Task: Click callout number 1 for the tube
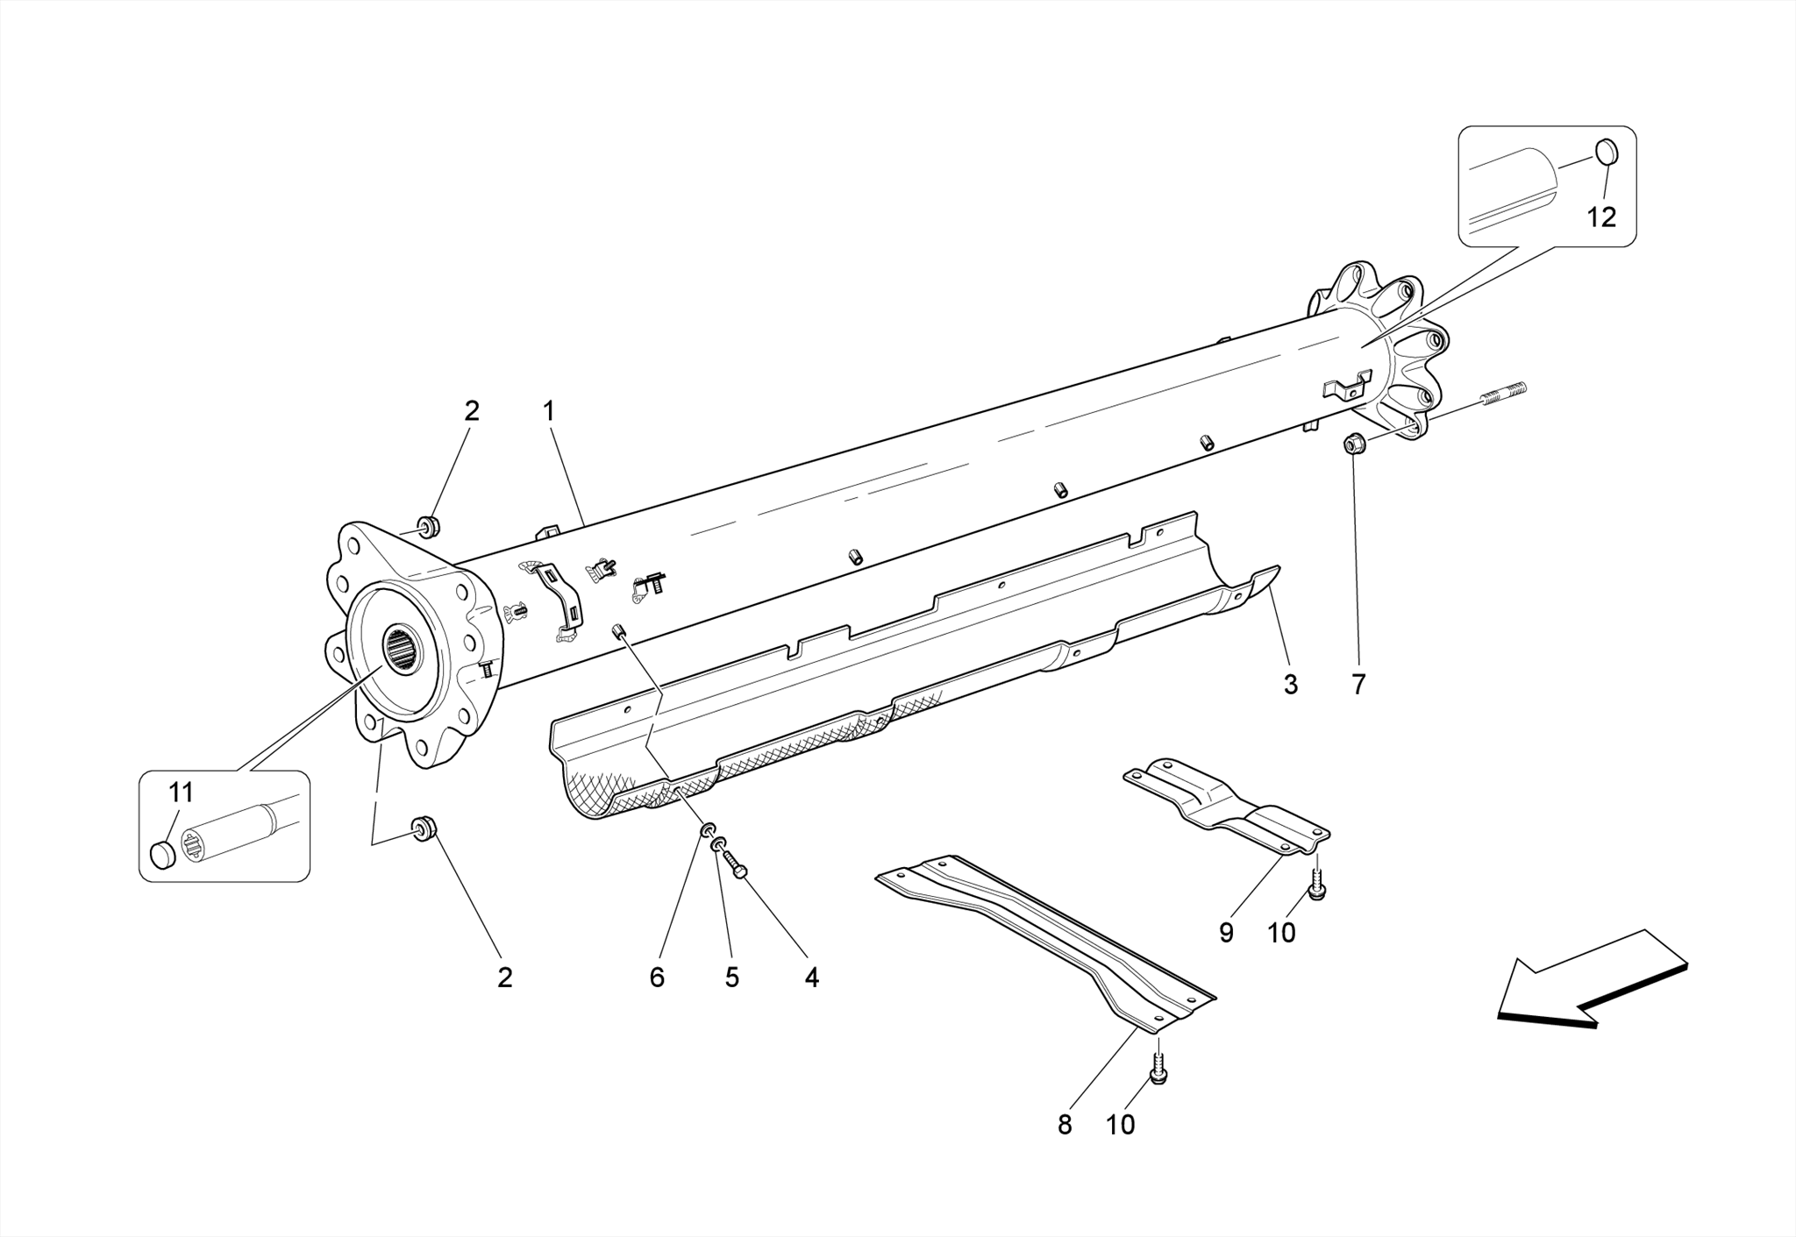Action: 549,410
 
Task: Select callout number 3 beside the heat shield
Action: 1290,684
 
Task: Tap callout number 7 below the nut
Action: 1358,684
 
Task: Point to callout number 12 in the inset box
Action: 1601,217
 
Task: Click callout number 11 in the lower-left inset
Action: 181,793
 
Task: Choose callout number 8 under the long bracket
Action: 1065,1125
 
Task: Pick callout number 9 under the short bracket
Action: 1226,933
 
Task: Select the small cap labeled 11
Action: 163,854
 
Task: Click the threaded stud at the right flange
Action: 1503,395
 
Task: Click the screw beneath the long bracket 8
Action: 1158,1073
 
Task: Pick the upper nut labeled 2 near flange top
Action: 428,527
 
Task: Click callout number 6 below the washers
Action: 657,978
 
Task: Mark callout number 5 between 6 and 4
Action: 731,978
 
